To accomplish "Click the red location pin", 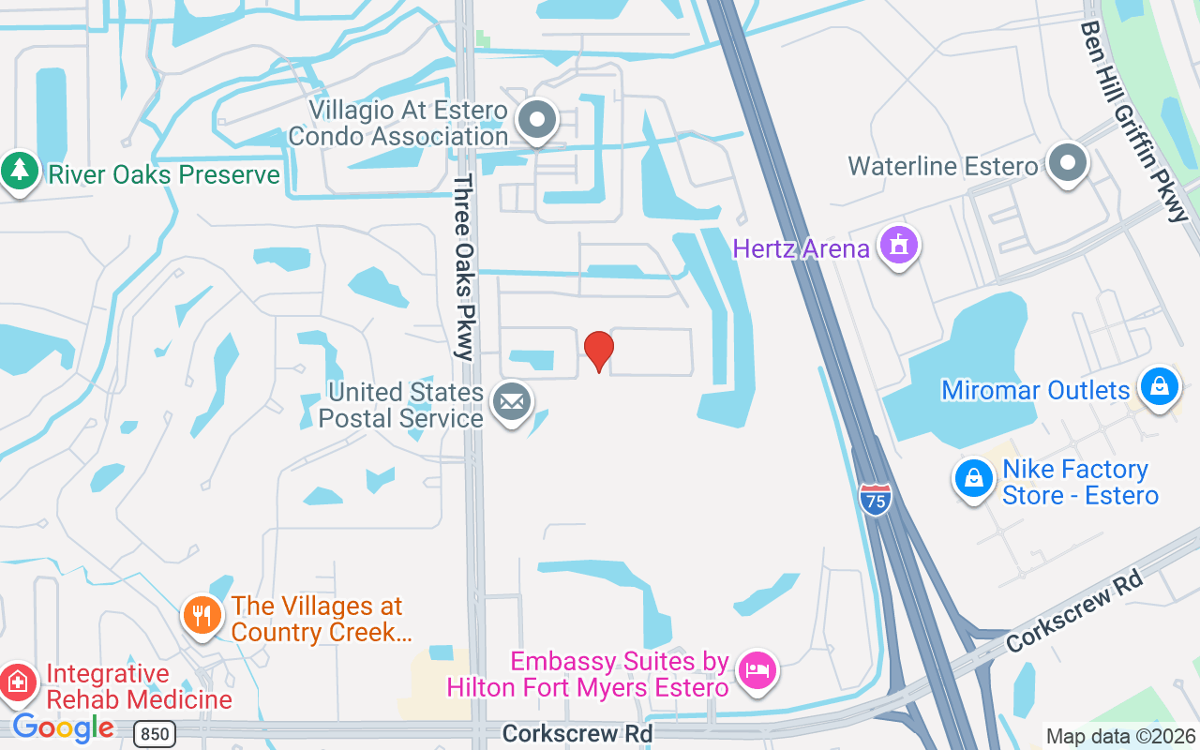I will pyautogui.click(x=599, y=351).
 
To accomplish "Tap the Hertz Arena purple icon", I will pyautogui.click(x=899, y=246).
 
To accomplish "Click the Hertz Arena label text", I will pyautogui.click(x=802, y=248).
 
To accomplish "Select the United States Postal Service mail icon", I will pyautogui.click(x=511, y=403).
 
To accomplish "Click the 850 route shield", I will pyautogui.click(x=153, y=732).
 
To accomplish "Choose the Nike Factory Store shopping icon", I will pyautogui.click(x=974, y=478).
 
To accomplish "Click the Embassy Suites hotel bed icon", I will pyautogui.click(x=757, y=671).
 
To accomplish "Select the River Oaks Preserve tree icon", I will pyautogui.click(x=18, y=172).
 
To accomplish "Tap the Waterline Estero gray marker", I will pyautogui.click(x=1067, y=163).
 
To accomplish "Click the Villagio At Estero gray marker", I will pyautogui.click(x=538, y=121).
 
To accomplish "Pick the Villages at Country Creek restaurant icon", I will pyautogui.click(x=202, y=616).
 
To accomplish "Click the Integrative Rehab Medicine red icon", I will pyautogui.click(x=18, y=683).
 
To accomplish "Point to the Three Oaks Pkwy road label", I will pyautogui.click(x=464, y=267).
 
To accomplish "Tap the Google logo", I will pyautogui.click(x=63, y=727).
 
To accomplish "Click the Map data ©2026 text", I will pyautogui.click(x=1120, y=736).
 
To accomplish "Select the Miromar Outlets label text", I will pyautogui.click(x=1035, y=390).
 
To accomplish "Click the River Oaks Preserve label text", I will pyautogui.click(x=164, y=174).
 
